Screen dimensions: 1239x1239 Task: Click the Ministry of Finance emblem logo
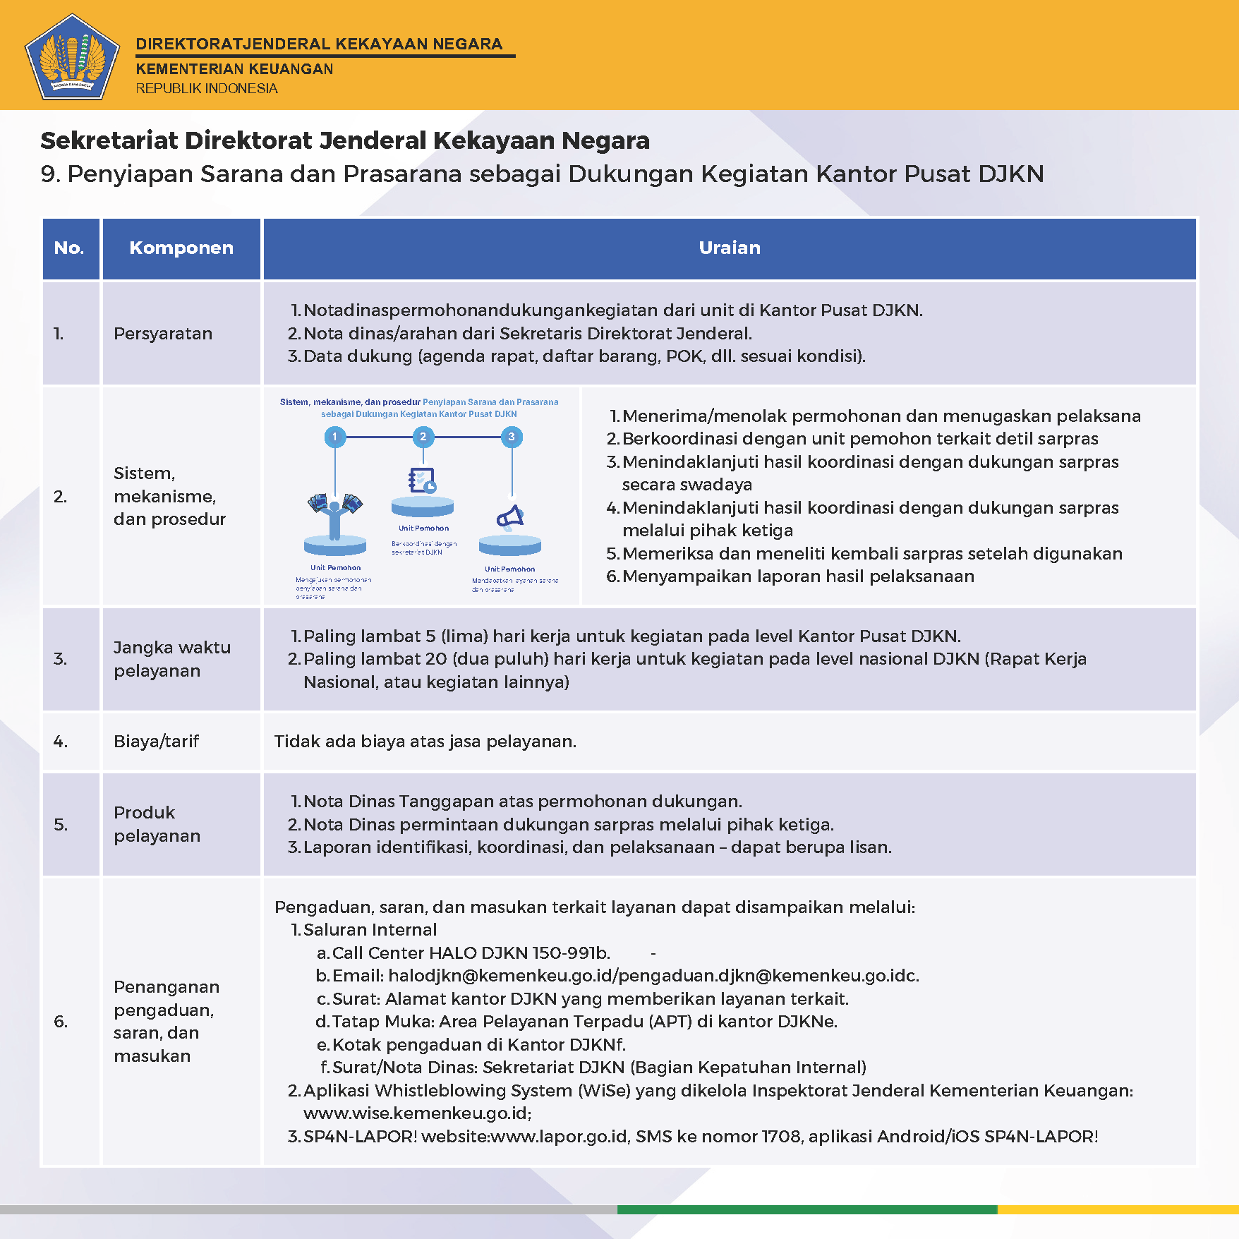[x=72, y=56]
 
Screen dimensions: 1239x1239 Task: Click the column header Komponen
[x=181, y=248]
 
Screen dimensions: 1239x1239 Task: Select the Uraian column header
[x=730, y=248]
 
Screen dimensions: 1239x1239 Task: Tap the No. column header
[x=69, y=248]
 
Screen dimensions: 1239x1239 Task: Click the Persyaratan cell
[x=163, y=334]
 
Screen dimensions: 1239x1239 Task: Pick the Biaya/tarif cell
[x=156, y=742]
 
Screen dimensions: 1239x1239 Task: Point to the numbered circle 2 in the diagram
[x=423, y=437]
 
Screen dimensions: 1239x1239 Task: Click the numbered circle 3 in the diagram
[x=512, y=437]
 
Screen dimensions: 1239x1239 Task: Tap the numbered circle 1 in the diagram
[x=335, y=437]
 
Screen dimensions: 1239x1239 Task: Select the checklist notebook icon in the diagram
[x=422, y=481]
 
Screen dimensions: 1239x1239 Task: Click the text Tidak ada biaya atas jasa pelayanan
[x=425, y=742]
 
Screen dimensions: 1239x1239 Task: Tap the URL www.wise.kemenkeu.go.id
[x=416, y=1113]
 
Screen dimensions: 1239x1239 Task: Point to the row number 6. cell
[x=61, y=1022]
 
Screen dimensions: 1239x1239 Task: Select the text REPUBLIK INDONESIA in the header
[x=207, y=89]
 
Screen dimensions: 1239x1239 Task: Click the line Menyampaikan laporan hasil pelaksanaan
[x=797, y=576]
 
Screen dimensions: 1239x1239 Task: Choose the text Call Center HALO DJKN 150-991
[x=466, y=953]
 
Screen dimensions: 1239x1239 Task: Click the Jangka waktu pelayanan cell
[x=172, y=659]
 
